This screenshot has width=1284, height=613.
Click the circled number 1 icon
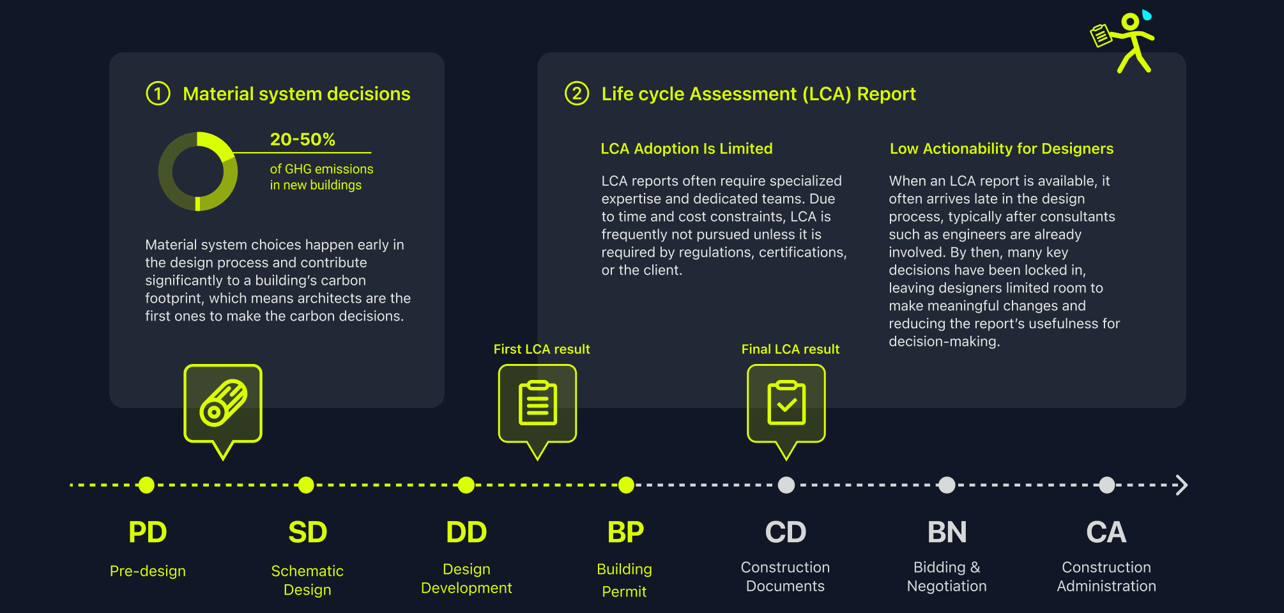(x=158, y=94)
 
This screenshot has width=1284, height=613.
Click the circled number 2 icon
(x=576, y=94)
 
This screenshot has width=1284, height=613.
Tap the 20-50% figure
(x=302, y=139)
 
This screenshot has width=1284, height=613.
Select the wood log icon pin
(x=223, y=404)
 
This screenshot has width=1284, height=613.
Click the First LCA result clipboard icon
(x=537, y=404)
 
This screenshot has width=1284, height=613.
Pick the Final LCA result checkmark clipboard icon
(x=786, y=404)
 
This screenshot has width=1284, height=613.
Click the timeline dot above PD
(x=147, y=485)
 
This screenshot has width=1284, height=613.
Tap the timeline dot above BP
(x=626, y=485)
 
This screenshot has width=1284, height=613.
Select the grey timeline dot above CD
(x=786, y=485)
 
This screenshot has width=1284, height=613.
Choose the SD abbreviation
(x=307, y=533)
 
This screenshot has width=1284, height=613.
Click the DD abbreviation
(x=466, y=533)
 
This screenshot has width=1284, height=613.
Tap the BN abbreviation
(x=947, y=533)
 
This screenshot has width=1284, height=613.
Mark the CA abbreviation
(x=1106, y=533)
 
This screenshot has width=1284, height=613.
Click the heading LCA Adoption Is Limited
(x=686, y=149)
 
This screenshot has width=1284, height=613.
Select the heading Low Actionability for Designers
(x=1001, y=149)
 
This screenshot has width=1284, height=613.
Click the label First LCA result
(x=541, y=349)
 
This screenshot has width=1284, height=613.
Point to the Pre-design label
(x=148, y=571)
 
